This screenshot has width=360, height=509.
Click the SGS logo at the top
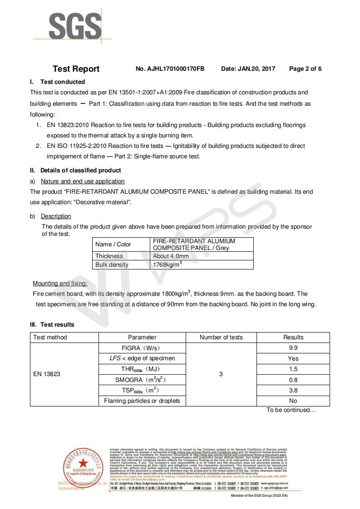point(75,27)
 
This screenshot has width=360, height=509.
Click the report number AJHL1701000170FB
point(170,69)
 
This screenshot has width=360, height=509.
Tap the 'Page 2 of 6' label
point(305,69)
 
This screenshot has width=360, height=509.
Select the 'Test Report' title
point(76,69)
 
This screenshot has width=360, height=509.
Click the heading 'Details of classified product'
point(80,171)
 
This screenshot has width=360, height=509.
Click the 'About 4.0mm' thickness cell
point(171,256)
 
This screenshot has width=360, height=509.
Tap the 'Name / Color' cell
point(113,244)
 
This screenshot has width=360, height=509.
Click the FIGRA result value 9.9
point(293,348)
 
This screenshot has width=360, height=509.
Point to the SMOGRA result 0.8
point(293,380)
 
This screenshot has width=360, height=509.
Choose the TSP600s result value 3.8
point(293,390)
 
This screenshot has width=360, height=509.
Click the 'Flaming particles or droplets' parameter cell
point(142,401)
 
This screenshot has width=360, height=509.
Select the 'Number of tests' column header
point(221,337)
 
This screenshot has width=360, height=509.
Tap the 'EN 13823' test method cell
point(47,374)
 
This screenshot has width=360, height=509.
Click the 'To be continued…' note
point(291,410)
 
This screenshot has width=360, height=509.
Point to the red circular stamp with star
point(83,464)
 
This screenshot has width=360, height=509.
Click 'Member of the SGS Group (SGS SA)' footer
point(259,495)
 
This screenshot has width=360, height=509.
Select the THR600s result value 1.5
point(293,369)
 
